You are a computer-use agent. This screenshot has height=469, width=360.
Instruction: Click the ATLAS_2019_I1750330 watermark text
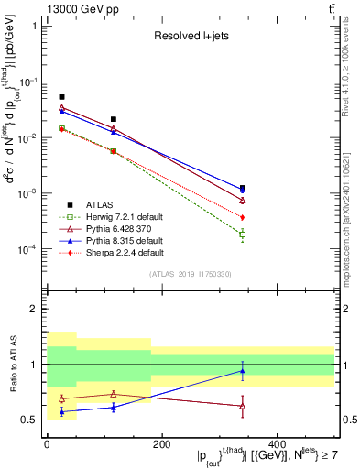(x=191, y=274)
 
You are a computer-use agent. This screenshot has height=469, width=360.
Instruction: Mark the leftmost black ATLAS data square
(x=61, y=96)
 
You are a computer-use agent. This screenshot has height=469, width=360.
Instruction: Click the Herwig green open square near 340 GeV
(x=242, y=234)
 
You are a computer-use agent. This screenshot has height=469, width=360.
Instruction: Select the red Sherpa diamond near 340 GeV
(x=242, y=217)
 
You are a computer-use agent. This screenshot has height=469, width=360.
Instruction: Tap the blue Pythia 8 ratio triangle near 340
(x=242, y=371)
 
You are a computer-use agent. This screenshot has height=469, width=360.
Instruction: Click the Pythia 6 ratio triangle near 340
(x=242, y=405)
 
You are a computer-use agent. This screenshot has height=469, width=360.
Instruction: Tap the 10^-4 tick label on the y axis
(x=27, y=250)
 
